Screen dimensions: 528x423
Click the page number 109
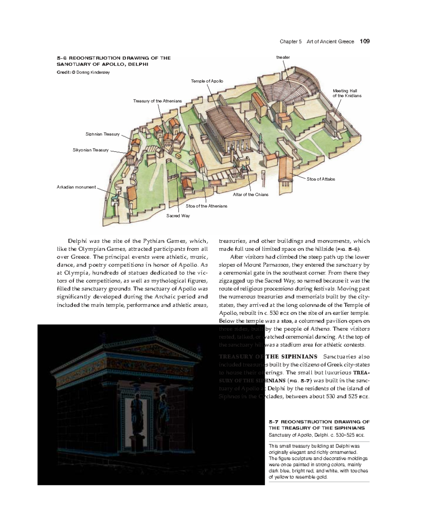[x=364, y=42]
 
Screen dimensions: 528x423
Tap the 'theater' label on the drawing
[x=283, y=57]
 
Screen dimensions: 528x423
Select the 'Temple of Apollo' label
[x=207, y=81]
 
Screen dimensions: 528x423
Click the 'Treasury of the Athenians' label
[x=157, y=101]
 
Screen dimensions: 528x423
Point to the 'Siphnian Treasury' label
[x=103, y=134]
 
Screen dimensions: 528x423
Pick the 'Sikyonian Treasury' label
[x=91, y=150]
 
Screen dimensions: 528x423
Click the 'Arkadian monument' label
[x=76, y=187]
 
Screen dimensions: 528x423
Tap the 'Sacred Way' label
[x=178, y=216]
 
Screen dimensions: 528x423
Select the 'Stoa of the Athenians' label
[x=206, y=206]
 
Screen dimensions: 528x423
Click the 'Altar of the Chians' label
[x=250, y=195]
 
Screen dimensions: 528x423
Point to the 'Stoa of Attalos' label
[x=320, y=179]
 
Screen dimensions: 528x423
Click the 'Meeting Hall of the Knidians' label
[x=347, y=93]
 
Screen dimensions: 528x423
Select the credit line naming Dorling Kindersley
[x=83, y=72]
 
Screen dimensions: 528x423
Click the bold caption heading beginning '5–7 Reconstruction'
[x=319, y=425]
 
